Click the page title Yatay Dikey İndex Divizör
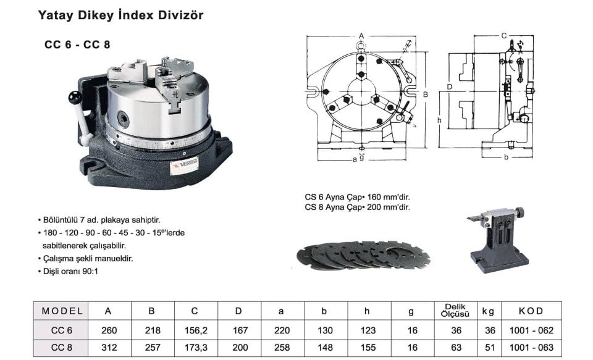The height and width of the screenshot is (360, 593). tap(120, 15)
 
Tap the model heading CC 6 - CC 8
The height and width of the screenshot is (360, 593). tap(77, 44)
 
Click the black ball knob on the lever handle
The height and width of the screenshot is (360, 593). tap(75, 97)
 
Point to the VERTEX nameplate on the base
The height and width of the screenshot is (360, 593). tap(184, 165)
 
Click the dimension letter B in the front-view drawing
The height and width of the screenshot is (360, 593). tap(425, 94)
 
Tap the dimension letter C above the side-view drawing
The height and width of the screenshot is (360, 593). tap(504, 36)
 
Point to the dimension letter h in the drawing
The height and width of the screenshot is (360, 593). tap(439, 120)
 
